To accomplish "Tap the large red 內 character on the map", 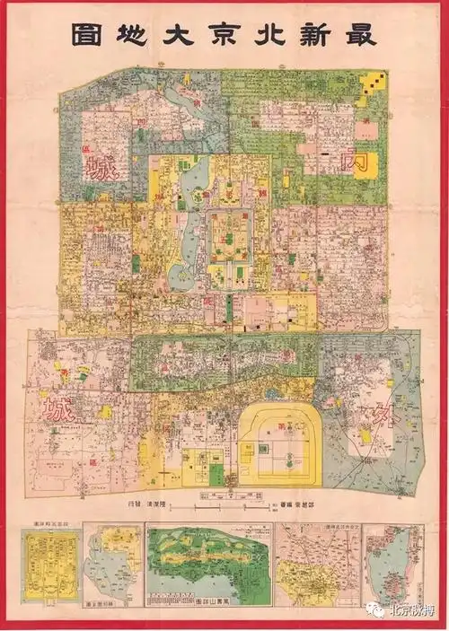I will click(x=357, y=164).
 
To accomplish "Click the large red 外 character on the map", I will click(x=375, y=416).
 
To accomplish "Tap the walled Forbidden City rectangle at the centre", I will click(x=228, y=241).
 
